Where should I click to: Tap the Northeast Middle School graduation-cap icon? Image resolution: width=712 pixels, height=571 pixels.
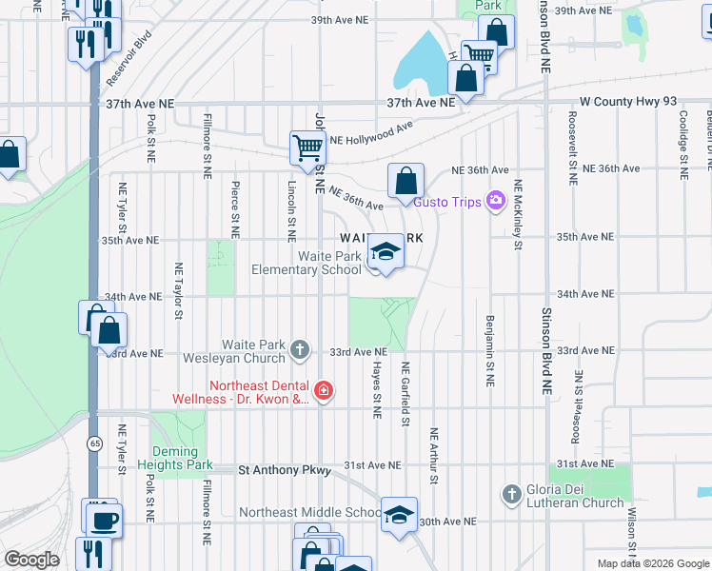tap(400, 515)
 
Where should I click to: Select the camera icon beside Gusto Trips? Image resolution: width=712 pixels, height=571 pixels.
tap(495, 200)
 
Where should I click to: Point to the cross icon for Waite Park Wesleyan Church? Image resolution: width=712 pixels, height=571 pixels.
tap(300, 350)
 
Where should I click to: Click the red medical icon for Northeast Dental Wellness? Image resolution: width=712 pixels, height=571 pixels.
tap(324, 391)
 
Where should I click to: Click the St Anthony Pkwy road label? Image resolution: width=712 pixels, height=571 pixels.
tap(285, 469)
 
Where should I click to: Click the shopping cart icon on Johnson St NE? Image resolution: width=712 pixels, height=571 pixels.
tap(307, 148)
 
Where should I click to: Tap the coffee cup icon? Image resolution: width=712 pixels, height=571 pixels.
tap(103, 520)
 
